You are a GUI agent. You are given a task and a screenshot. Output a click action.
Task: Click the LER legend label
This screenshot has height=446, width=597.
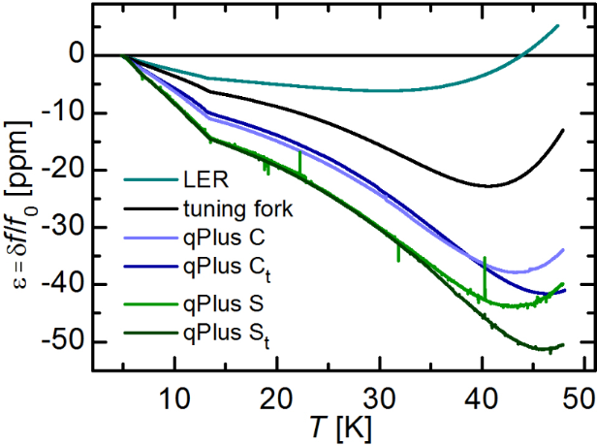(202, 180)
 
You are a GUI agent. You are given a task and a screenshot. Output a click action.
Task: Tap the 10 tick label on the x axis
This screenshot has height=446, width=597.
(174, 398)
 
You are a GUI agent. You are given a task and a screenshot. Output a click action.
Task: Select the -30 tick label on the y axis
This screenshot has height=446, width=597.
(62, 228)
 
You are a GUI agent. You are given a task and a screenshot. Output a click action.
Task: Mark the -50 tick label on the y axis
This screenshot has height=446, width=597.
(62, 342)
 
